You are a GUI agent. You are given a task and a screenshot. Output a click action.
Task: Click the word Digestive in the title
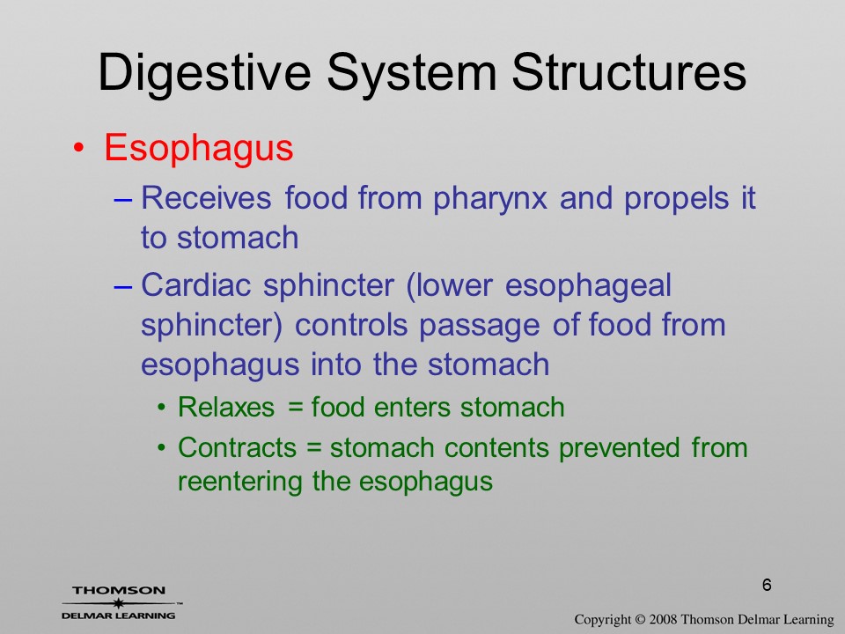click(205, 74)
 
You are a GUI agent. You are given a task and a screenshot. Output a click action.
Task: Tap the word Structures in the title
click(628, 72)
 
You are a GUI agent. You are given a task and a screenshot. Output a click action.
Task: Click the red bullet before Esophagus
click(78, 148)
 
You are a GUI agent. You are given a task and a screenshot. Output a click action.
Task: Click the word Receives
click(206, 197)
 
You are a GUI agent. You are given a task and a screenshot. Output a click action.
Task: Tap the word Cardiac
click(196, 284)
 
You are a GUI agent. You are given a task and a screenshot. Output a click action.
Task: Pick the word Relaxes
click(226, 407)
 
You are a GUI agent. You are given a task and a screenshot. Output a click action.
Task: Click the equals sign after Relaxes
click(296, 408)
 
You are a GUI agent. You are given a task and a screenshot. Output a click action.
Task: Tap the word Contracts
click(237, 448)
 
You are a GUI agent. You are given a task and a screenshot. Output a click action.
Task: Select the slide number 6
click(767, 585)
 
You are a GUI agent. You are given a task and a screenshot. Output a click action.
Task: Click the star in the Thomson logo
click(119, 603)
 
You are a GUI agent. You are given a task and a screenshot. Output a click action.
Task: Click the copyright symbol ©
click(640, 619)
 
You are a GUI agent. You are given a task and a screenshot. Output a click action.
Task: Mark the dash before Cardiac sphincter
click(123, 287)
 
